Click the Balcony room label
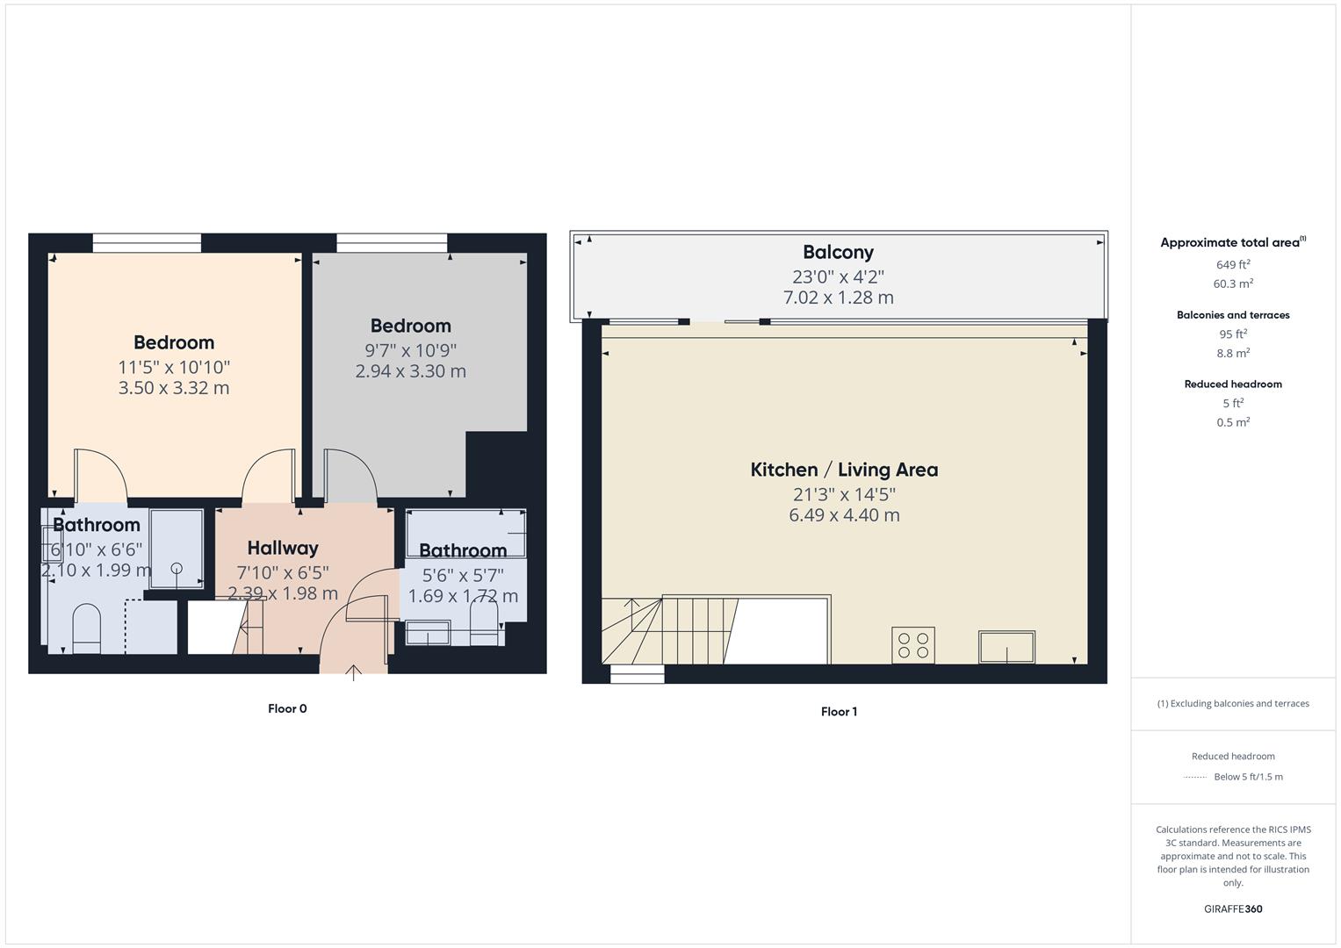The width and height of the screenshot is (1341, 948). [838, 253]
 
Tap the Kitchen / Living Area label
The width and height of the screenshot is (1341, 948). [844, 470]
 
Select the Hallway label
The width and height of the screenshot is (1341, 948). [282, 549]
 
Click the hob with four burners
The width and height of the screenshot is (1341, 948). [912, 645]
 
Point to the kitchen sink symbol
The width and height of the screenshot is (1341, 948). [1006, 648]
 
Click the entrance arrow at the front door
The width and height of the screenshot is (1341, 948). [353, 672]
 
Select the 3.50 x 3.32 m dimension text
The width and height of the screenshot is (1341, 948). [174, 388]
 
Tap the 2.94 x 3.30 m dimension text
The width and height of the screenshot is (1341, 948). [410, 371]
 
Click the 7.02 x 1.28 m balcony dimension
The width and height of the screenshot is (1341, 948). [838, 298]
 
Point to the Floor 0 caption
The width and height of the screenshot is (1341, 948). [287, 708]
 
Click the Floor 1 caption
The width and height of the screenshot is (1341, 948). [839, 711]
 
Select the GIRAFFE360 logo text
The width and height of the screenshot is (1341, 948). [1232, 908]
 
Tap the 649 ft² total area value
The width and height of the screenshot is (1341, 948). [1233, 264]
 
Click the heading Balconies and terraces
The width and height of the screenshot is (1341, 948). [1233, 315]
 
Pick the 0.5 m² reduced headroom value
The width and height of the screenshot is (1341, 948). [1233, 422]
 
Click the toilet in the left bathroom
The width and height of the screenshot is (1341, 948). [86, 628]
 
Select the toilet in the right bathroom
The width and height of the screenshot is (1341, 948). [484, 628]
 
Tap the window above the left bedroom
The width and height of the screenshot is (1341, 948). [147, 243]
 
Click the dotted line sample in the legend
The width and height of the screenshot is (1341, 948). [1195, 777]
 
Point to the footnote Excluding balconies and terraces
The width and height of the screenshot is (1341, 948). [1233, 703]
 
